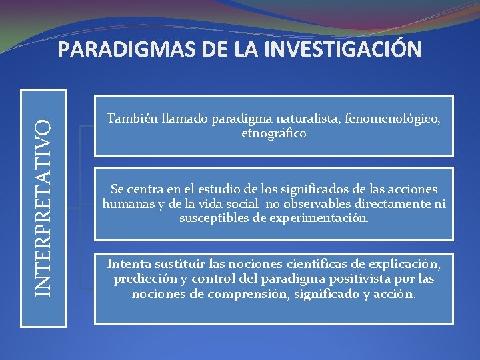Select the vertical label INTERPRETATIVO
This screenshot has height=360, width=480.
(x=43, y=206)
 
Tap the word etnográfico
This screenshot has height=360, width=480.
(x=274, y=133)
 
